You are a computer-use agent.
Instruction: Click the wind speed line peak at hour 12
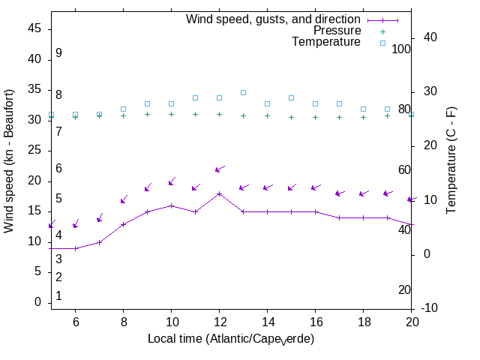point(219,193)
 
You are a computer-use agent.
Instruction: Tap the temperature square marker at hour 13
point(243,92)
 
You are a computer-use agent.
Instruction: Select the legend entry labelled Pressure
point(337,31)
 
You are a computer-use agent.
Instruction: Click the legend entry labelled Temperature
point(326,43)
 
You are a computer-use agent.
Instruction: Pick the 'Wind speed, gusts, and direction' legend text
point(274,19)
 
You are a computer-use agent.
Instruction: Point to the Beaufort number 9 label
point(58,53)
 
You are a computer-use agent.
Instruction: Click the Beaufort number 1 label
point(58,296)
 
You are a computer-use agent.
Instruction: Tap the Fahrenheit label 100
point(402,49)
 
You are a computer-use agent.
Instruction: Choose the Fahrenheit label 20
point(405,290)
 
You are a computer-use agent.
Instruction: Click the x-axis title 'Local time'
point(230,339)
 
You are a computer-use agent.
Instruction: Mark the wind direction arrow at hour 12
point(220,169)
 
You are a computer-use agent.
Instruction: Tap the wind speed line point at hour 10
point(171,205)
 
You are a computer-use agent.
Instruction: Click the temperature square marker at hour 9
point(147,103)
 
